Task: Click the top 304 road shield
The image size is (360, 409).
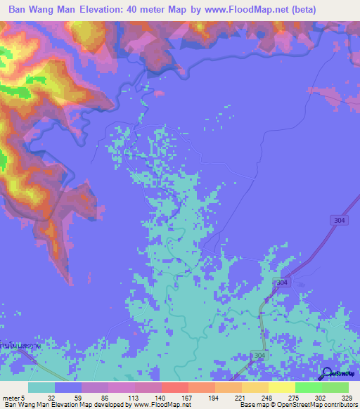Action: pos(339,220)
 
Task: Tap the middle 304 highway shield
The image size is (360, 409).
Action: pos(281,282)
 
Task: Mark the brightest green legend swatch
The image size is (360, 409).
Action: pos(308,387)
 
